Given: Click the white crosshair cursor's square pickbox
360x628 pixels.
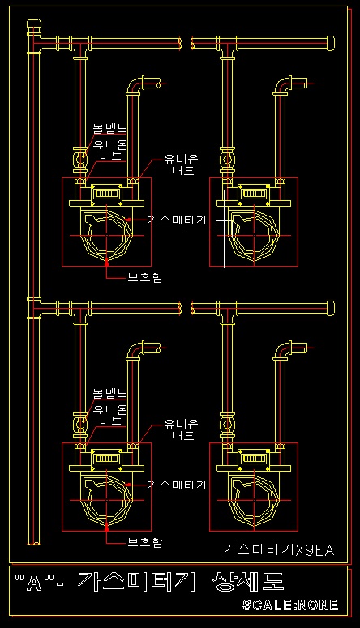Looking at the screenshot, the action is [224, 229].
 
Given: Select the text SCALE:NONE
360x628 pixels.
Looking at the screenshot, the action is [290, 605].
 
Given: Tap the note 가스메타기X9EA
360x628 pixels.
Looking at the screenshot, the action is [279, 549].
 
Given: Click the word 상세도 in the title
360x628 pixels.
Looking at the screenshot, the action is [249, 581].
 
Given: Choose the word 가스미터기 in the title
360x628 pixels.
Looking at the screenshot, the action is [137, 582].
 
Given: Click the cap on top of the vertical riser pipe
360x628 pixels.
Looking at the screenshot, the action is [34, 24].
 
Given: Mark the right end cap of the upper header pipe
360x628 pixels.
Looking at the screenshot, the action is [331, 42].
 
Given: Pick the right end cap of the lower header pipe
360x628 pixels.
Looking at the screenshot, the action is [331, 308].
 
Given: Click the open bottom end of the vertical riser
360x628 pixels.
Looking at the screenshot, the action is [34, 543].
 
